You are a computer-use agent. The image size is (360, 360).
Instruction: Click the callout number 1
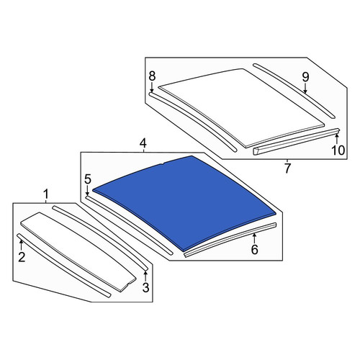46,194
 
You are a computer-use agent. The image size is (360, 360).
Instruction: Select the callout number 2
22,257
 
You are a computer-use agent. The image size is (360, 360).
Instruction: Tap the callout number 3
145,287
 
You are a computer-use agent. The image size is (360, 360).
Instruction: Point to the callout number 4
143,143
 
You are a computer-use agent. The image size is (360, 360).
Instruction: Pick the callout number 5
88,179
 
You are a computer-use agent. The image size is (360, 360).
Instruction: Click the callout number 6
254,250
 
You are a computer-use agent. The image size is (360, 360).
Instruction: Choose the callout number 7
287,168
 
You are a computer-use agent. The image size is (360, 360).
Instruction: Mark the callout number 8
152,76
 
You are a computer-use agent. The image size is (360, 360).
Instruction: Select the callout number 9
305,77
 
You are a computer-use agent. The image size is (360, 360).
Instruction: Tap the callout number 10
338,150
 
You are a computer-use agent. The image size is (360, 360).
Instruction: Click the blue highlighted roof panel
185,202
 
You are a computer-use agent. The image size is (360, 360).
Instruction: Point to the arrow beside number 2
21,245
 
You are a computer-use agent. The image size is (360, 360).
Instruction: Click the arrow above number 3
145,276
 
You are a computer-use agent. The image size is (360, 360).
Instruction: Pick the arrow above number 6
254,238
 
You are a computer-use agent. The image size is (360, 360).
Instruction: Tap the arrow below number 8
152,87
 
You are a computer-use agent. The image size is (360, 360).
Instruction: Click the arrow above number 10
337,139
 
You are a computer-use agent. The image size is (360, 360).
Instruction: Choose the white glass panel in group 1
78,251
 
